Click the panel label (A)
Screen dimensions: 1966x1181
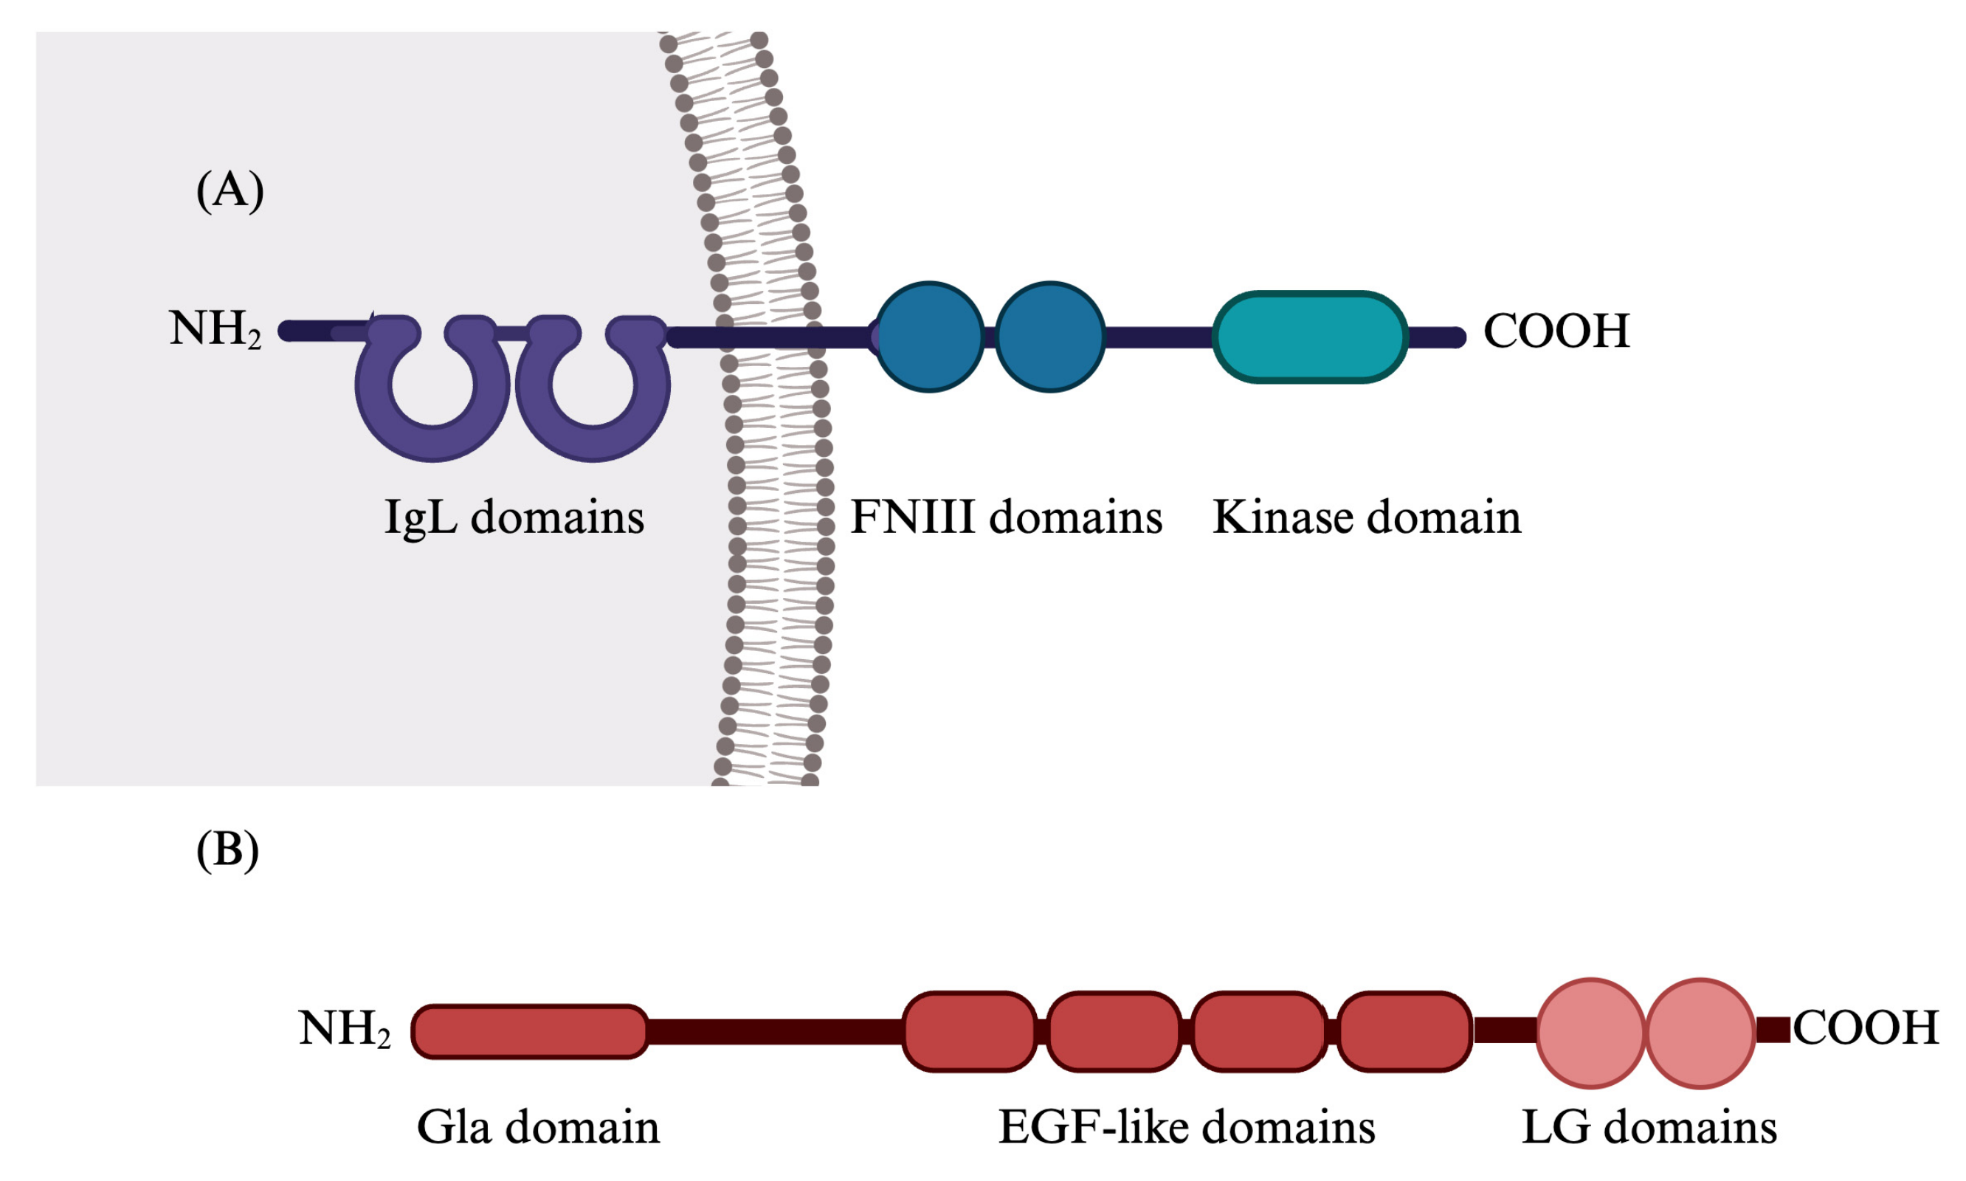[x=230, y=191]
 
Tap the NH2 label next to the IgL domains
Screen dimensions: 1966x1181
[x=215, y=328]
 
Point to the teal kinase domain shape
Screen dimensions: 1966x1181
[x=1310, y=337]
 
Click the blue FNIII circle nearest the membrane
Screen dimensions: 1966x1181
[x=929, y=337]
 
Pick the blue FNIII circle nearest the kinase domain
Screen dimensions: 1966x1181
[x=1050, y=337]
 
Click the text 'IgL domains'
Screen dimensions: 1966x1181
[x=514, y=518]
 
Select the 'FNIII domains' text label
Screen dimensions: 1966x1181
[x=1007, y=517]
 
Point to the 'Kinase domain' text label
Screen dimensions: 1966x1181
[x=1366, y=517]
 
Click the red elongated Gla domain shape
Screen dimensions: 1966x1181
[x=530, y=1031]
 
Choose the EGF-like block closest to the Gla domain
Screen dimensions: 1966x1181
[x=969, y=1031]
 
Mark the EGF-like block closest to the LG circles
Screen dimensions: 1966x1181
[x=1404, y=1031]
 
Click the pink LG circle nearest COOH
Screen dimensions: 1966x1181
[x=1700, y=1032]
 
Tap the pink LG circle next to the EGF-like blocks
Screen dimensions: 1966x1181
[x=1590, y=1032]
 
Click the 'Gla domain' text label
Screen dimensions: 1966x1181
[x=538, y=1128]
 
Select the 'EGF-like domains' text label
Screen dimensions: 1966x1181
[x=1186, y=1128]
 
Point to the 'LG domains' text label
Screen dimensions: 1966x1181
[x=1649, y=1128]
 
